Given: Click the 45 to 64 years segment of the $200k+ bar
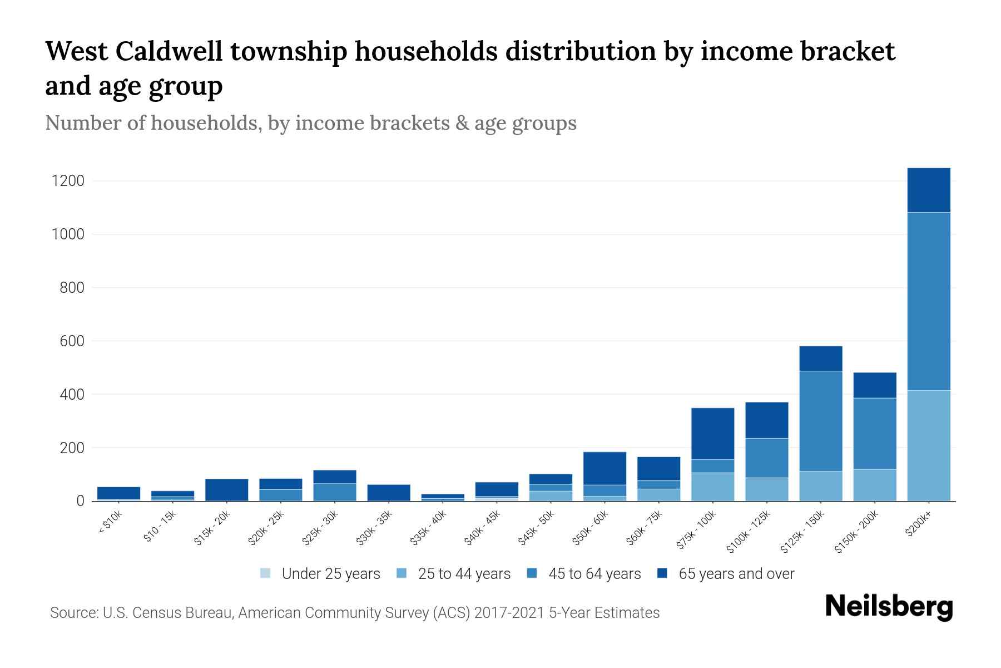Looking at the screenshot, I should [x=928, y=301].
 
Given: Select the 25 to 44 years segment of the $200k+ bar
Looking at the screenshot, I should [x=928, y=445].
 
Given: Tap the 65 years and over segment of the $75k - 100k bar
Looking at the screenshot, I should [x=712, y=434].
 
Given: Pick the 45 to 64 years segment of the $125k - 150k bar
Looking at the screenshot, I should [x=820, y=421].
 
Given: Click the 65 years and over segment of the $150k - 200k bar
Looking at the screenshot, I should [x=874, y=385].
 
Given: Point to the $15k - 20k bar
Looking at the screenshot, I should [x=226, y=490].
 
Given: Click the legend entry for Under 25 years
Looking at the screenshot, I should [x=330, y=574].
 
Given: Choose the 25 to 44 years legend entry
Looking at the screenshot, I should [x=464, y=574].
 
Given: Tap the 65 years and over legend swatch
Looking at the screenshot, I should [x=662, y=573].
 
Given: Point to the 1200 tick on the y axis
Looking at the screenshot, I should [x=68, y=181].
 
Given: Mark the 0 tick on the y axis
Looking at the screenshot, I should [x=80, y=502].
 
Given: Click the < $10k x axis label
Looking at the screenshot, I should [x=110, y=523].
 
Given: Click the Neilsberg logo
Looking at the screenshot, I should [x=889, y=607].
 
